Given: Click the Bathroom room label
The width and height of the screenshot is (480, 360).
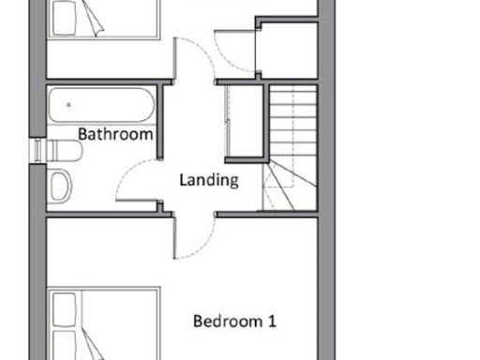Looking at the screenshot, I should click(x=114, y=134).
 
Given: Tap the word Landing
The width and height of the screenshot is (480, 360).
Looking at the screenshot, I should click(x=208, y=180).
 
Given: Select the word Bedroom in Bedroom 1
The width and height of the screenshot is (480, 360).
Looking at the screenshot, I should click(x=223, y=322).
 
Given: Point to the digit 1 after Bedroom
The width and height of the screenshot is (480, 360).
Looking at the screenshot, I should click(x=272, y=322).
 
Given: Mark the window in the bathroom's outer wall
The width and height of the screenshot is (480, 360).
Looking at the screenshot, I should click(x=37, y=150).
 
